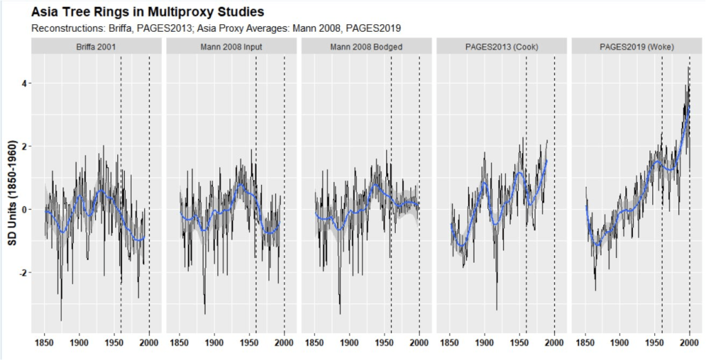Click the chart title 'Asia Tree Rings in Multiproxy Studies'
point(148,12)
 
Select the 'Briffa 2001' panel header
point(97,46)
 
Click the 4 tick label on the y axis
point(23,83)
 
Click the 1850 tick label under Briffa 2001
point(45,341)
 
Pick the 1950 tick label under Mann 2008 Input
point(249,341)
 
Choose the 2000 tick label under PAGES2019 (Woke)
point(690,341)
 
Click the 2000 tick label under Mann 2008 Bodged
point(420,341)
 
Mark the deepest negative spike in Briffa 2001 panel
point(61,320)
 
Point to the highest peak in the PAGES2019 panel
point(689,68)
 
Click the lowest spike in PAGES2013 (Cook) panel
point(496,310)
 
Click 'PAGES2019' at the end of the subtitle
point(378,28)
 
